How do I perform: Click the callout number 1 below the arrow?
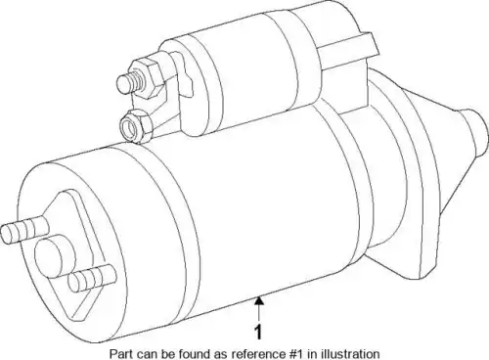tap(258, 333)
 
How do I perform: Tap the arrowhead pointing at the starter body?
tap(259, 299)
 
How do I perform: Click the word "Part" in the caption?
tap(118, 354)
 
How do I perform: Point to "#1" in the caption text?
tap(298, 354)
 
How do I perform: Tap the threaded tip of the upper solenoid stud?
tap(125, 84)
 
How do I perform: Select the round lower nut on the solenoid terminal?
tap(136, 126)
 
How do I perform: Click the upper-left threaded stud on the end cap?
tap(23, 229)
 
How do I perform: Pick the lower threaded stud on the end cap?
tap(92, 278)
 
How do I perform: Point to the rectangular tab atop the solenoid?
tap(349, 49)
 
